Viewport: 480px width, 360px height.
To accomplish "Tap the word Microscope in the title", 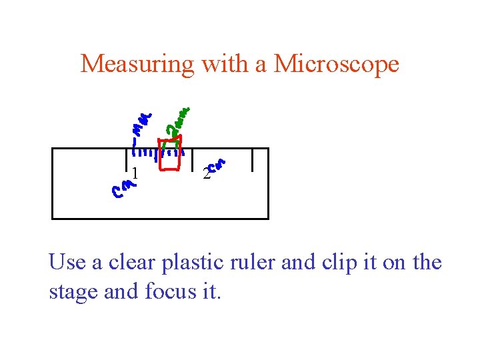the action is (x=336, y=64).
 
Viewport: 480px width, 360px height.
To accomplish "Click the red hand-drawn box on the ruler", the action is (x=170, y=155).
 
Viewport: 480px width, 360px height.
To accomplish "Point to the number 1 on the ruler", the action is (x=135, y=173).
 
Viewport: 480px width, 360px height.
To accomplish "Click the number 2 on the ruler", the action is (x=207, y=175).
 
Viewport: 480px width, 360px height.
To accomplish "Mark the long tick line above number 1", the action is (x=126, y=159).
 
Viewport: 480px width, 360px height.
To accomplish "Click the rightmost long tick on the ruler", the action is (x=252, y=160).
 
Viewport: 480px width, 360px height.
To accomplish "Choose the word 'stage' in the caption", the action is (x=71, y=291).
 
